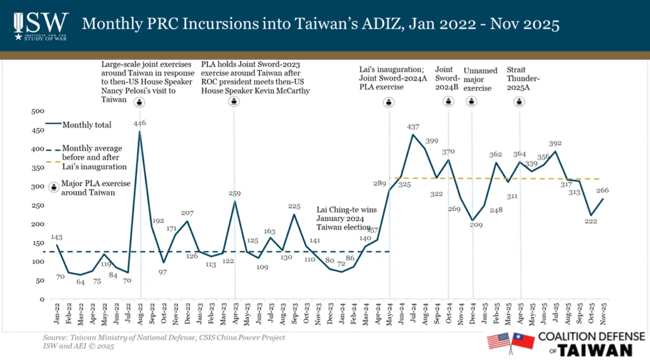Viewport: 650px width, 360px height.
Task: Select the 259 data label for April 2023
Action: click(235, 194)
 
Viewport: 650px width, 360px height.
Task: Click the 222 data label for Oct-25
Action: click(593, 221)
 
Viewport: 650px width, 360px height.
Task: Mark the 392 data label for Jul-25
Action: click(556, 143)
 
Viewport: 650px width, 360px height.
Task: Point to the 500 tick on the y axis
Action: click(38, 112)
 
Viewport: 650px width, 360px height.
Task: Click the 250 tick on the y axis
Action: click(38, 205)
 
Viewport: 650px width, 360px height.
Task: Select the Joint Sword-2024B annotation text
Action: click(448, 78)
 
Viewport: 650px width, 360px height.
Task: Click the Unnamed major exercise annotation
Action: click(481, 79)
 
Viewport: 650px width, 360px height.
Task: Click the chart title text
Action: click(321, 25)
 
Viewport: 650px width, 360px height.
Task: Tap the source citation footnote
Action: click(164, 341)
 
